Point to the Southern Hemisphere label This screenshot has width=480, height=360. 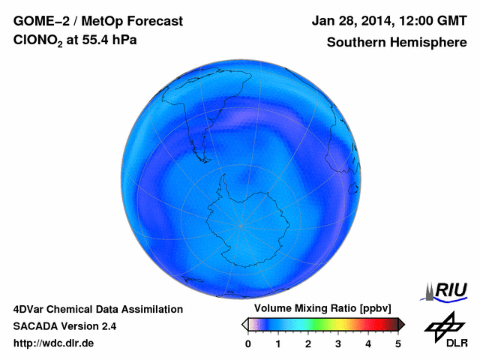tap(396, 43)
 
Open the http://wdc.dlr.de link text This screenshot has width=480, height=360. tap(54, 343)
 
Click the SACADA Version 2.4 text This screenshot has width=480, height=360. tap(64, 326)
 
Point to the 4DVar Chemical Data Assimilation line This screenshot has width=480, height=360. tap(97, 309)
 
